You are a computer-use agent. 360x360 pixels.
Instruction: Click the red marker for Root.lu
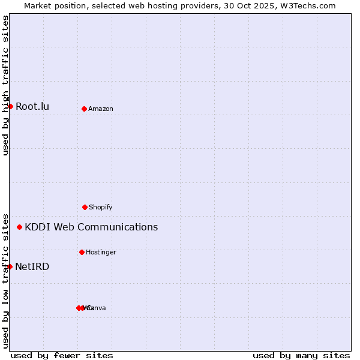coord(10,106)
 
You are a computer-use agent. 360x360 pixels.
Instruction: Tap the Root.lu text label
coord(32,107)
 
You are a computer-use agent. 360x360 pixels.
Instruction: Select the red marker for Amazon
coord(84,109)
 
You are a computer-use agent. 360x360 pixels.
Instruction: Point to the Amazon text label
coord(101,109)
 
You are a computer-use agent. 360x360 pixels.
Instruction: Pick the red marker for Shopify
coord(85,207)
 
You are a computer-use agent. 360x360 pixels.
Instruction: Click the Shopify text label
coord(101,207)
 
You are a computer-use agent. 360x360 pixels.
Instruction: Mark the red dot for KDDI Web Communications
coord(19,227)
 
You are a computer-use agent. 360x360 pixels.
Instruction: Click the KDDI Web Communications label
coord(91,227)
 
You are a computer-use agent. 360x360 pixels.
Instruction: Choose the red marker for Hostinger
coord(82,252)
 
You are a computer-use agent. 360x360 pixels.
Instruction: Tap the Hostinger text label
coord(101,252)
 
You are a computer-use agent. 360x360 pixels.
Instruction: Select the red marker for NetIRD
coord(10,266)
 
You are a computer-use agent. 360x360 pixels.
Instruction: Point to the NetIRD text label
coord(32,266)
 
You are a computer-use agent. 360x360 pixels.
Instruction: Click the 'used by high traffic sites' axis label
coord(5,85)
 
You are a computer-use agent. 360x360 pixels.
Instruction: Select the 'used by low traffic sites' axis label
coord(5,280)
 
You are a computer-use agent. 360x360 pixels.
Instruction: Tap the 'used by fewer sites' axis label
coord(62,355)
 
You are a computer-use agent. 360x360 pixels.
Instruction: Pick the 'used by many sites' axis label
coord(301,355)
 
